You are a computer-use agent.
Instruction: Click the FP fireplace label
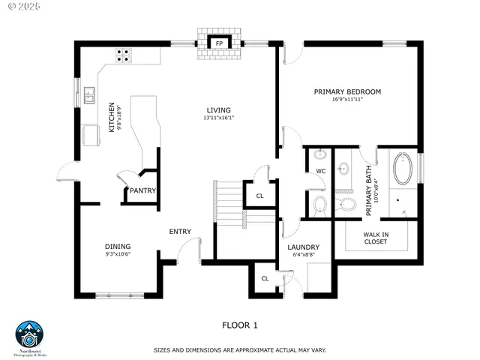click(219, 43)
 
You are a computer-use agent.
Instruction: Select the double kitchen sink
click(89, 95)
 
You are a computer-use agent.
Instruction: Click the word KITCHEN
click(112, 118)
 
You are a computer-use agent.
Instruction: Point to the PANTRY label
click(142, 191)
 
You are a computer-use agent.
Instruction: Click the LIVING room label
click(219, 110)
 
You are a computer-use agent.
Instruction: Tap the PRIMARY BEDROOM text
click(347, 91)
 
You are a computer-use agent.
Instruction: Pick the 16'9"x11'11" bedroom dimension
click(347, 100)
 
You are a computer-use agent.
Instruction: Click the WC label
click(320, 172)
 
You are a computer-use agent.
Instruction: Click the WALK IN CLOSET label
click(376, 238)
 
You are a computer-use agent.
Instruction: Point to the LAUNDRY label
click(304, 247)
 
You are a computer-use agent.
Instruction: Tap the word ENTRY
click(180, 232)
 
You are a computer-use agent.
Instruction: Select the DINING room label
click(118, 247)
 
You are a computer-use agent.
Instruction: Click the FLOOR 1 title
click(240, 325)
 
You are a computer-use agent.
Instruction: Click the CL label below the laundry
click(265, 279)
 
